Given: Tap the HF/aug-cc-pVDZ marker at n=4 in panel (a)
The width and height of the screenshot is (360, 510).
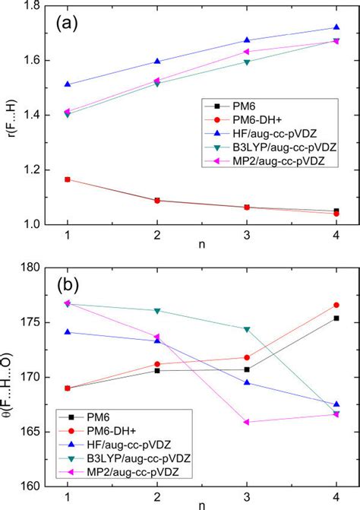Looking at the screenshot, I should pos(336,27).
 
